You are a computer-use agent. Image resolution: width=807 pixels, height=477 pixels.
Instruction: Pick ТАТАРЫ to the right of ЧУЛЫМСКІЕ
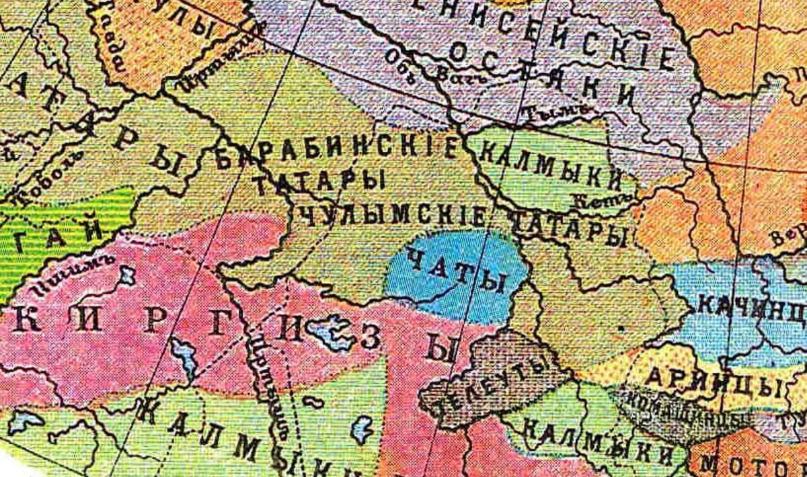coord(569,229)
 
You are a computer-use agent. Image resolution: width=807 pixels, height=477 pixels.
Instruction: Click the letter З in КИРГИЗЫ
coord(371,337)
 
